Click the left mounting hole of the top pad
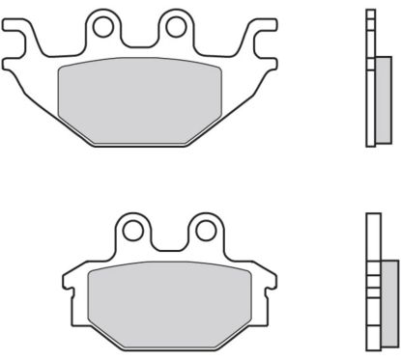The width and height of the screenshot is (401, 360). tap(101, 27)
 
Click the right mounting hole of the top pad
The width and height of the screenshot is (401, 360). tap(174, 27)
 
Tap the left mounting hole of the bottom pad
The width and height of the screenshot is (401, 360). tap(132, 233)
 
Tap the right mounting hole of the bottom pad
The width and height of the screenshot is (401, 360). tap(204, 233)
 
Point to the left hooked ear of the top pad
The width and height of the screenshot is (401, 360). tap(17, 39)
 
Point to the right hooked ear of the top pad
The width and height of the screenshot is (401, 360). tap(257, 39)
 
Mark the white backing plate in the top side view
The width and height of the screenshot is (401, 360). tap(370, 77)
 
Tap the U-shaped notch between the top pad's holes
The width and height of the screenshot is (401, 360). tap(138, 39)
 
